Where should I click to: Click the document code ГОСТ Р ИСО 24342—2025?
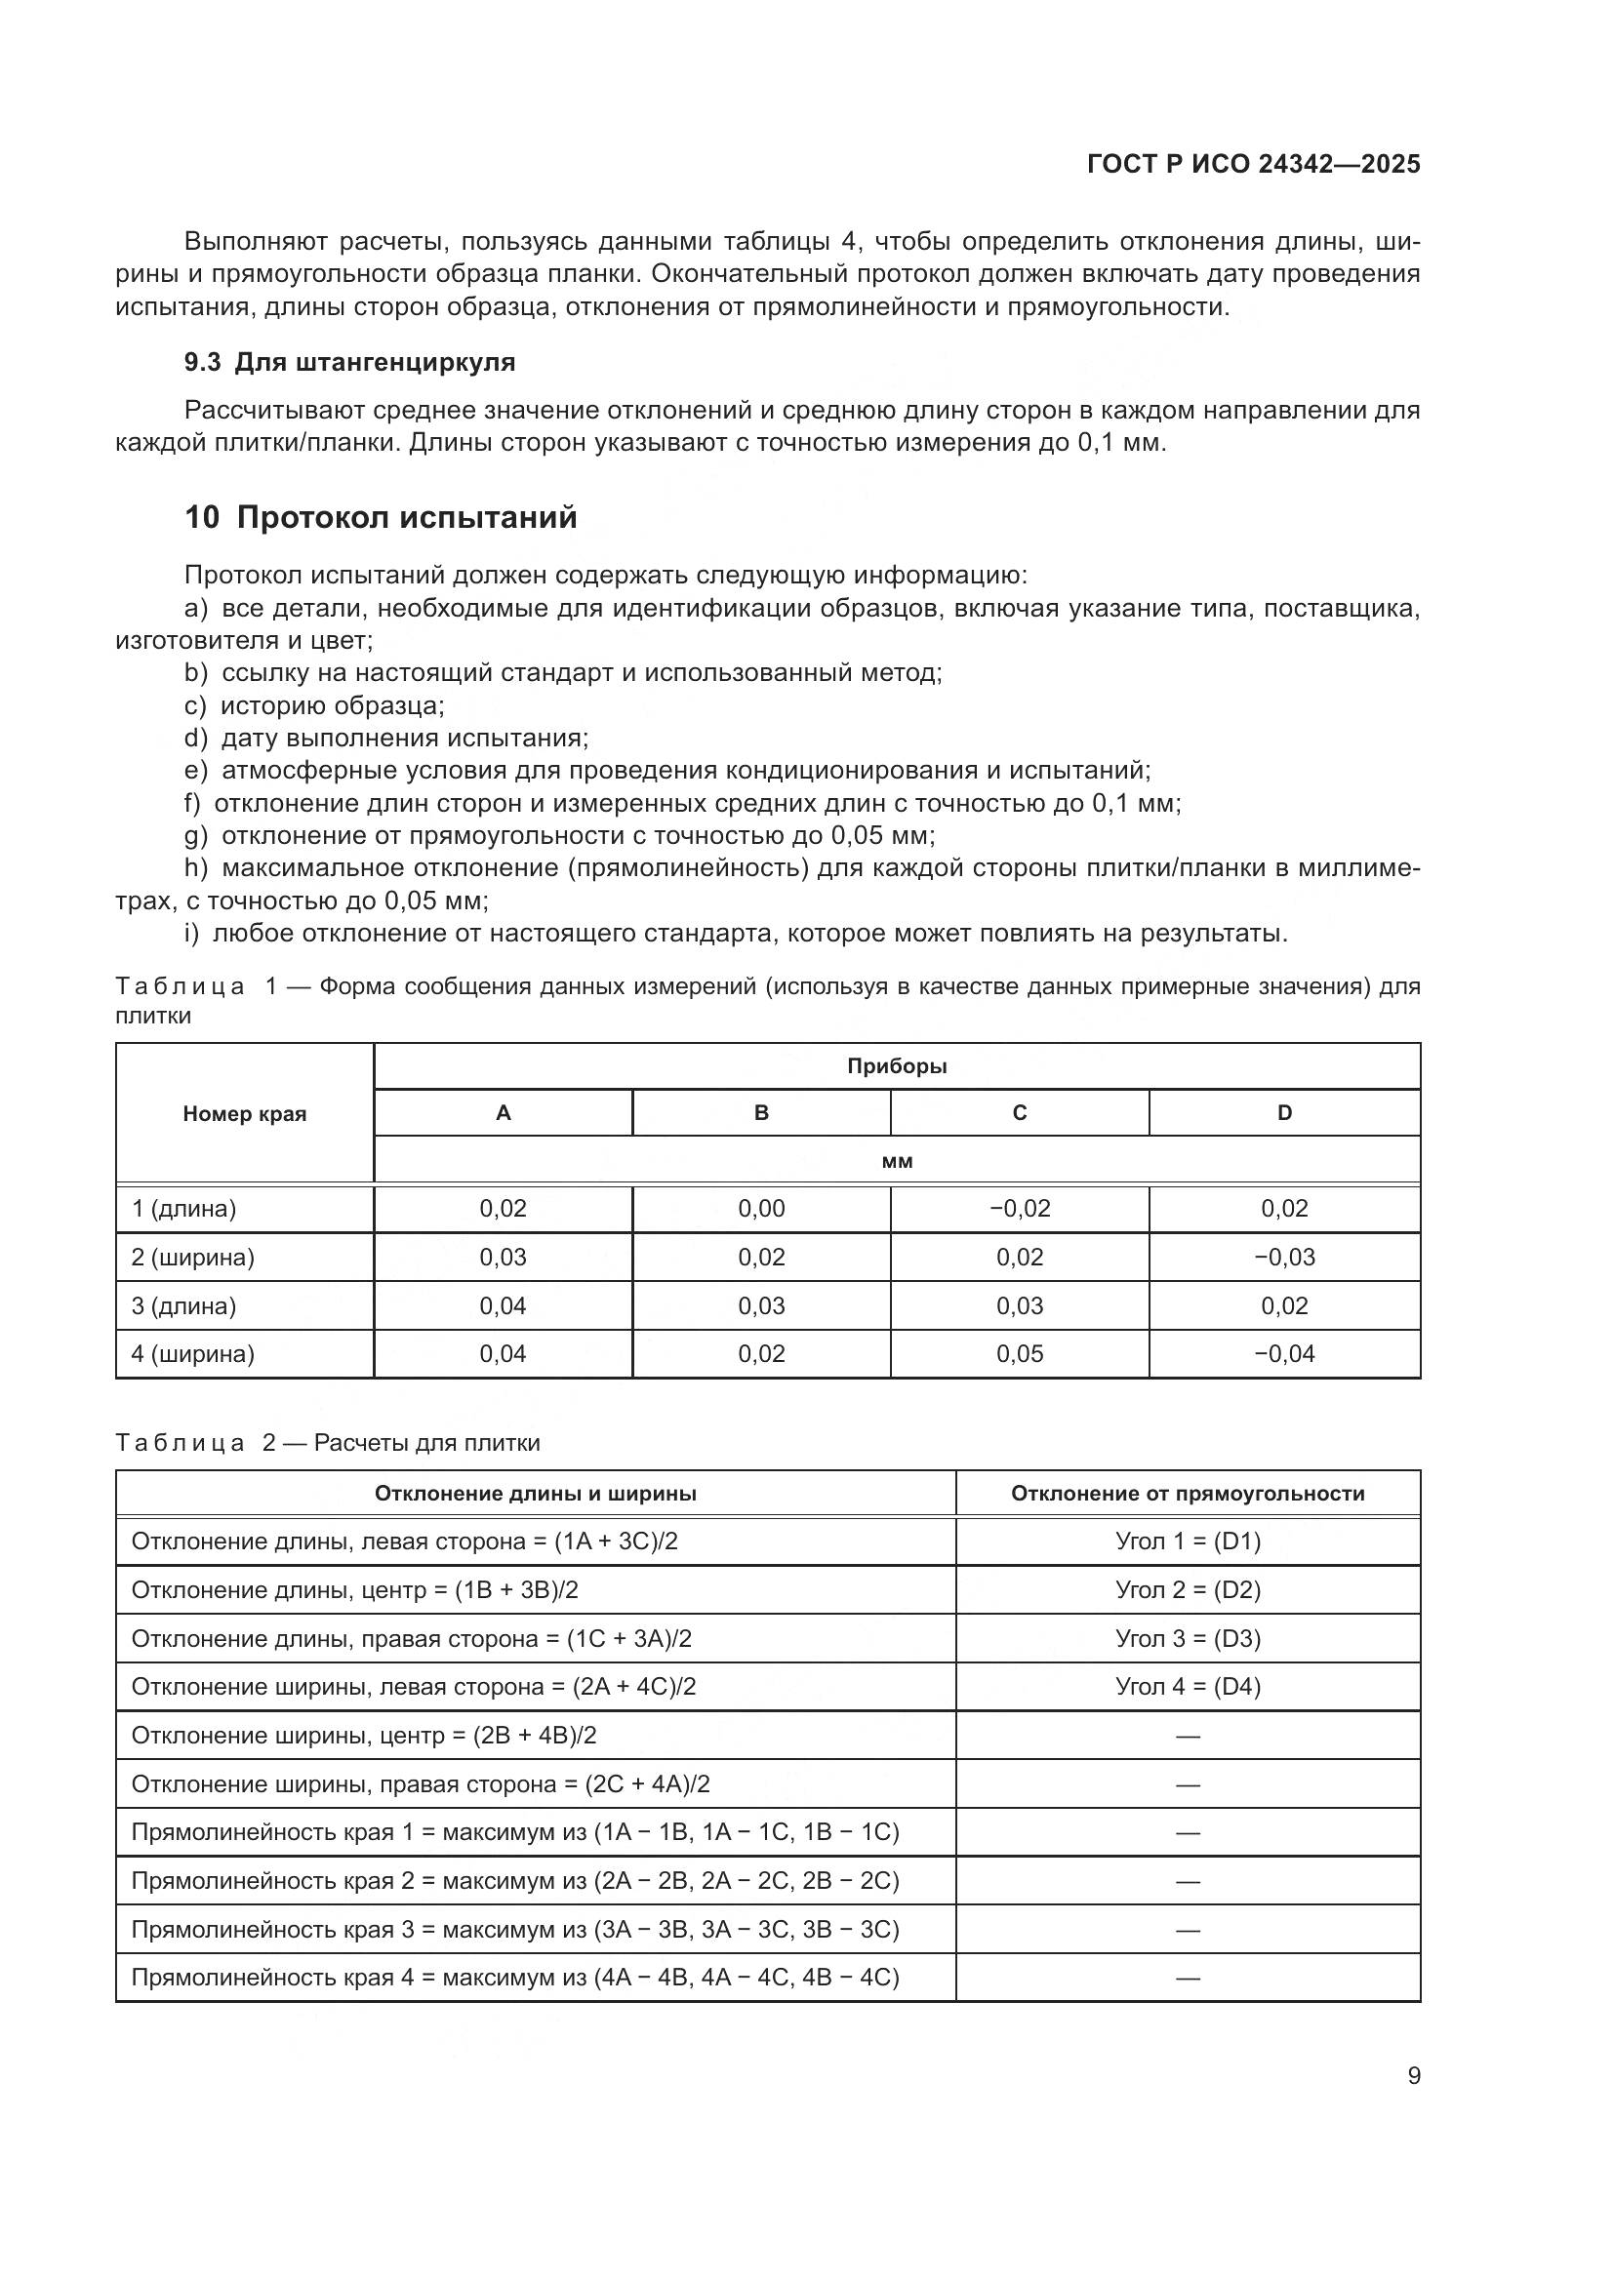click(x=1253, y=164)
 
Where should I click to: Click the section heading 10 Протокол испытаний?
click(x=381, y=518)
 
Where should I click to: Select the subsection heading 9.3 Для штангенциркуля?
click(x=350, y=362)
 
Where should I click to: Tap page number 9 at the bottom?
click(x=1413, y=2075)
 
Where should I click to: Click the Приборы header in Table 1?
click(x=897, y=1066)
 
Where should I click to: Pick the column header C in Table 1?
click(x=1019, y=1113)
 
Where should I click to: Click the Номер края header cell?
click(x=245, y=1114)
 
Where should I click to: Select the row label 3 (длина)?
click(x=183, y=1306)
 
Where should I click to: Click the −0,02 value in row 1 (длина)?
click(x=1019, y=1209)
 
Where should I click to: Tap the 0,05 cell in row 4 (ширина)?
click(x=1019, y=1354)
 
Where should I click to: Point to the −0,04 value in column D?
click(x=1284, y=1354)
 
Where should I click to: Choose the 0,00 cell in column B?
click(x=761, y=1209)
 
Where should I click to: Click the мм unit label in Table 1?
click(x=897, y=1161)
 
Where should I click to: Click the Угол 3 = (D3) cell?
click(x=1188, y=1639)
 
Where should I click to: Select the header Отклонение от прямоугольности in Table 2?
click(x=1188, y=1494)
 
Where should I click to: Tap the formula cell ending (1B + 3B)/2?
click(x=355, y=1590)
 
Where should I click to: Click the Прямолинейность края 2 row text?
click(x=515, y=1880)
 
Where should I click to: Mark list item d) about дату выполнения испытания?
click(x=386, y=738)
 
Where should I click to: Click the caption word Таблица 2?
click(x=181, y=1443)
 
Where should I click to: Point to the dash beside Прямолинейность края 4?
click(x=1188, y=1978)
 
